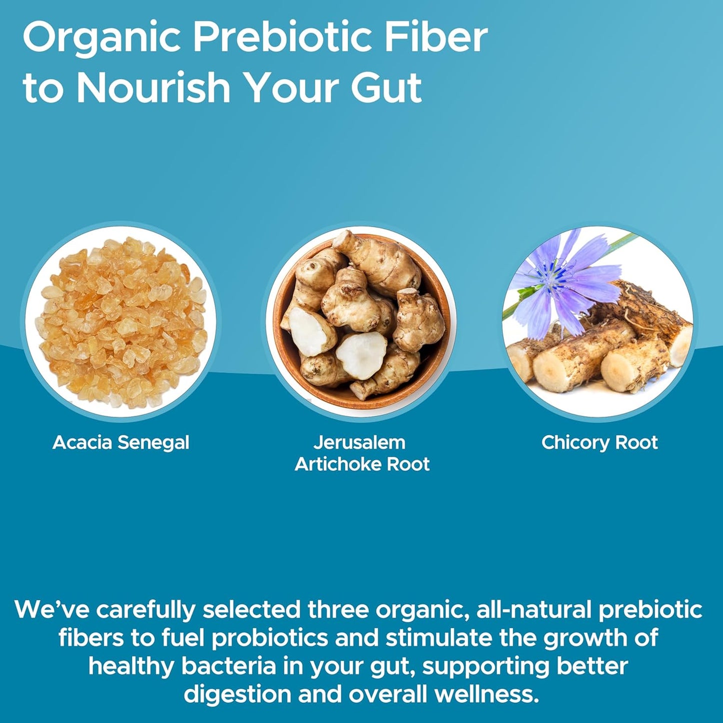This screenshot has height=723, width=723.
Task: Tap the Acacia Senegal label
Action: pyautogui.click(x=121, y=443)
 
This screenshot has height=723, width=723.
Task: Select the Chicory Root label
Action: pyautogui.click(x=599, y=443)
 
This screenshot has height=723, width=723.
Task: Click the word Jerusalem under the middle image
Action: pyautogui.click(x=359, y=443)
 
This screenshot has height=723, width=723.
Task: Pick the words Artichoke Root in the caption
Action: pyautogui.click(x=362, y=464)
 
